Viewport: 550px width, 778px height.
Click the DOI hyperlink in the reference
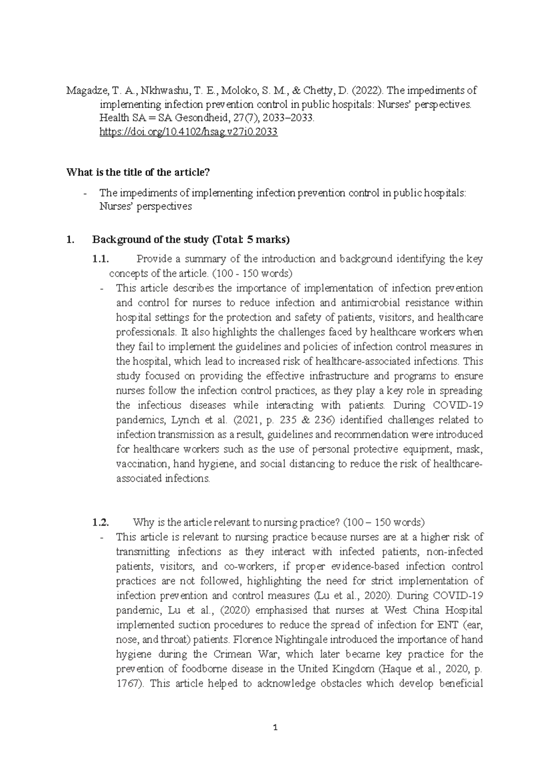(188, 133)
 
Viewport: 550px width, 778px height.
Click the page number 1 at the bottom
(275, 728)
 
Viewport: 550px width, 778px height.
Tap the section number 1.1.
(100, 259)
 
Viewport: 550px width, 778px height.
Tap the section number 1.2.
(100, 522)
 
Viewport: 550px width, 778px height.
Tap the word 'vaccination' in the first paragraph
(142, 464)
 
